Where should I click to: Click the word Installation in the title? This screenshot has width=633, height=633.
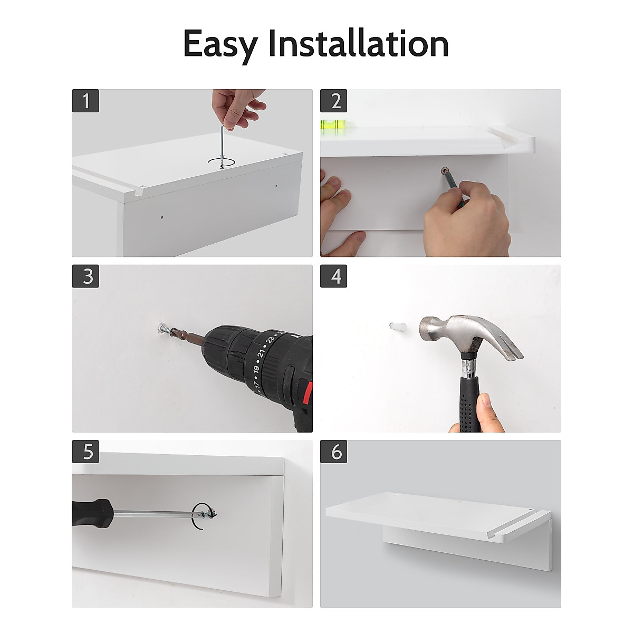click(x=358, y=43)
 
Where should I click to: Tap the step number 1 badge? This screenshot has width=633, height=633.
click(x=85, y=101)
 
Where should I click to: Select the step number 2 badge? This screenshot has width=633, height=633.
click(x=333, y=101)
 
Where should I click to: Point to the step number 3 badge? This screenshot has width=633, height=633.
click(x=85, y=276)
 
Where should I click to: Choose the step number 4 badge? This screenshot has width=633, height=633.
click(x=333, y=276)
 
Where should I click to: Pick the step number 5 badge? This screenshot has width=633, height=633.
click(x=85, y=452)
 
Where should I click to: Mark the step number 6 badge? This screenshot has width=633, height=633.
click(x=333, y=452)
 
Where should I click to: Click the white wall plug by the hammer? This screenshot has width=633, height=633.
click(x=398, y=327)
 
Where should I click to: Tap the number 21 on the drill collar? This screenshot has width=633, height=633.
click(x=261, y=353)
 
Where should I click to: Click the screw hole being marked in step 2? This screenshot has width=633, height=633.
click(x=445, y=170)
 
